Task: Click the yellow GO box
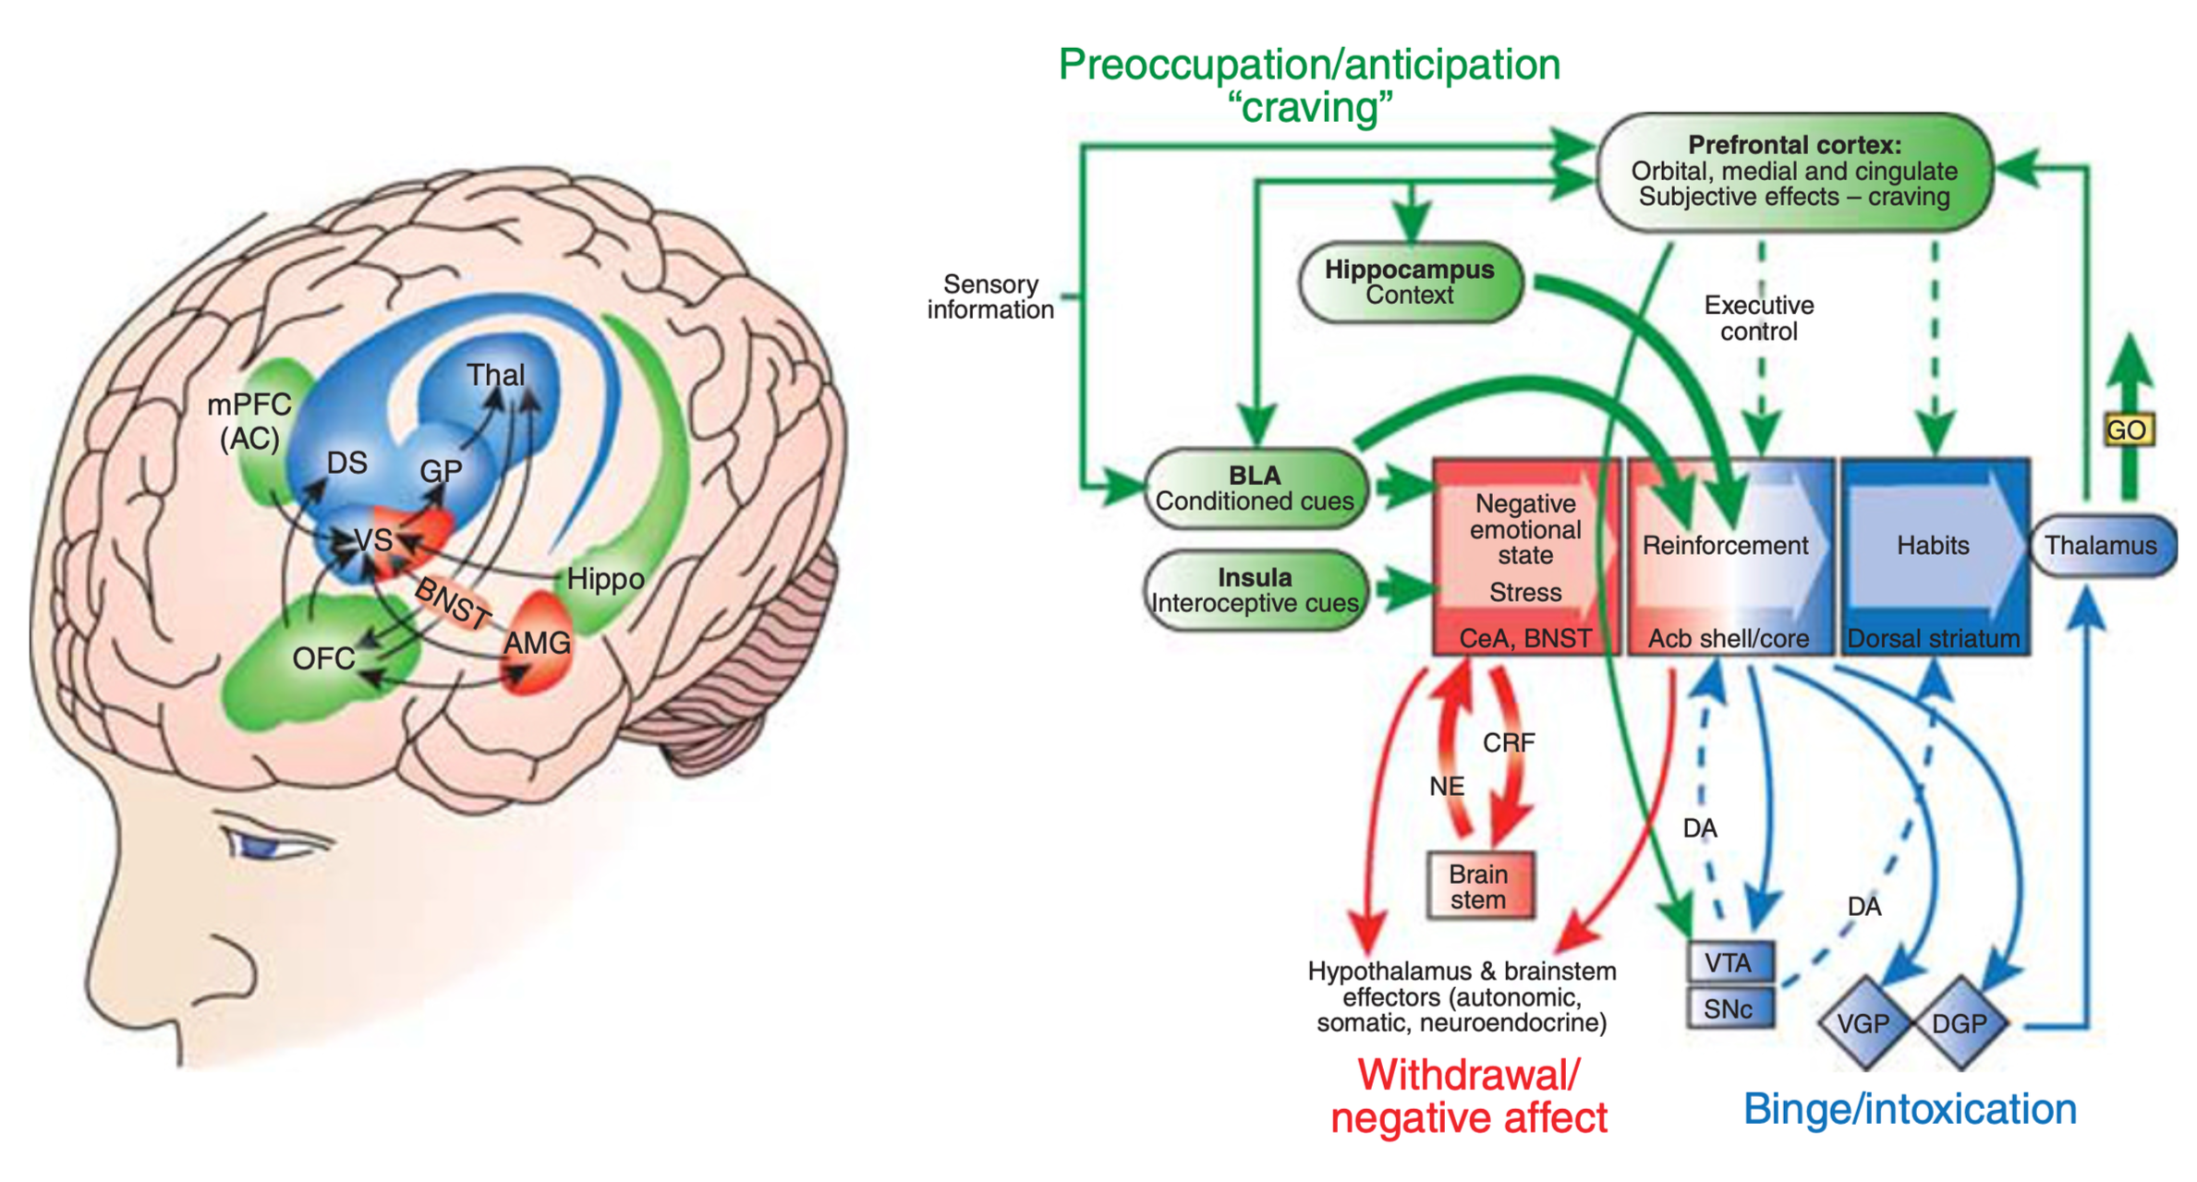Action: (2128, 429)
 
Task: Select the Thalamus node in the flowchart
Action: (2100, 546)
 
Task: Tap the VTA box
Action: (1730, 962)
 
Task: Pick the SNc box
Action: (1730, 1008)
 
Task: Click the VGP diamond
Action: (1863, 1023)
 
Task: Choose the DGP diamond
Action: (1960, 1023)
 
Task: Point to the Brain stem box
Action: (1479, 886)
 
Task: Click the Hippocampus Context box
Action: (1409, 283)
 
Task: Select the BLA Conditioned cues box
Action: (1255, 488)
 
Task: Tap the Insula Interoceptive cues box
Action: (1255, 590)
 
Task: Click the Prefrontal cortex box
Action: (1793, 172)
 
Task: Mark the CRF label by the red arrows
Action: (1509, 742)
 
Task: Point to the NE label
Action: (1447, 787)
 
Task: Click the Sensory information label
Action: (990, 296)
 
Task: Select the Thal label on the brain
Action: (496, 375)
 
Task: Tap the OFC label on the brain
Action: (323, 658)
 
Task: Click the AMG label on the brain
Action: (537, 643)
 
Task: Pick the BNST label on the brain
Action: (453, 603)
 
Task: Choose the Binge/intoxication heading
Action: (1910, 1109)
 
